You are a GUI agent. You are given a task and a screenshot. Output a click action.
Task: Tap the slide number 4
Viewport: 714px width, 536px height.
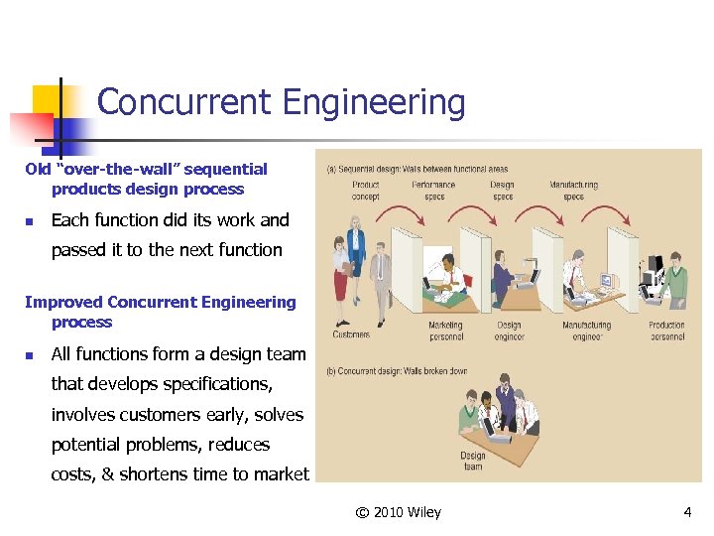click(687, 512)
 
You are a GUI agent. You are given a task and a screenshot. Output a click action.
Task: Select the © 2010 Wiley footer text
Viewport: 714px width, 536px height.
click(399, 512)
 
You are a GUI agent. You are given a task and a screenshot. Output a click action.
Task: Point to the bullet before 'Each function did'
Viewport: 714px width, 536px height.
click(30, 221)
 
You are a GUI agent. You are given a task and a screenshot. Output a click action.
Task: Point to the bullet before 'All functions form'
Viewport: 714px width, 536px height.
click(30, 355)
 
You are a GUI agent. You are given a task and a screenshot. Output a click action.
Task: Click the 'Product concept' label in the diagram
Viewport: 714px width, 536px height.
click(365, 191)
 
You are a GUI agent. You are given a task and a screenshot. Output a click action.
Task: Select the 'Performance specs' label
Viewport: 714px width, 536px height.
click(433, 191)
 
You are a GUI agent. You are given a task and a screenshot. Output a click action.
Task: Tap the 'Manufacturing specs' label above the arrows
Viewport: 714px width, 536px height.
click(573, 191)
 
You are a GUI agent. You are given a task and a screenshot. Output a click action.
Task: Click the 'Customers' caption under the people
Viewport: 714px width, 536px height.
click(351, 335)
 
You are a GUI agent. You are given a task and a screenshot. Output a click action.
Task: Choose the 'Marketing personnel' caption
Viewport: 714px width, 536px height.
click(445, 331)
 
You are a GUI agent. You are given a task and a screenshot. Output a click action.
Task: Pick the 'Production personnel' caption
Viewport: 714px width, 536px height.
click(666, 331)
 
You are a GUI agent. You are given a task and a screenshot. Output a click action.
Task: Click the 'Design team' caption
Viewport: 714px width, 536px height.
click(473, 462)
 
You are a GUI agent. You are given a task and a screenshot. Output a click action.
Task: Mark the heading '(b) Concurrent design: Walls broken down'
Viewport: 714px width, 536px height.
click(397, 371)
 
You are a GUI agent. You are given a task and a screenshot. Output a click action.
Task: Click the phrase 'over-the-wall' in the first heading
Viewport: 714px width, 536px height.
click(103, 170)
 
